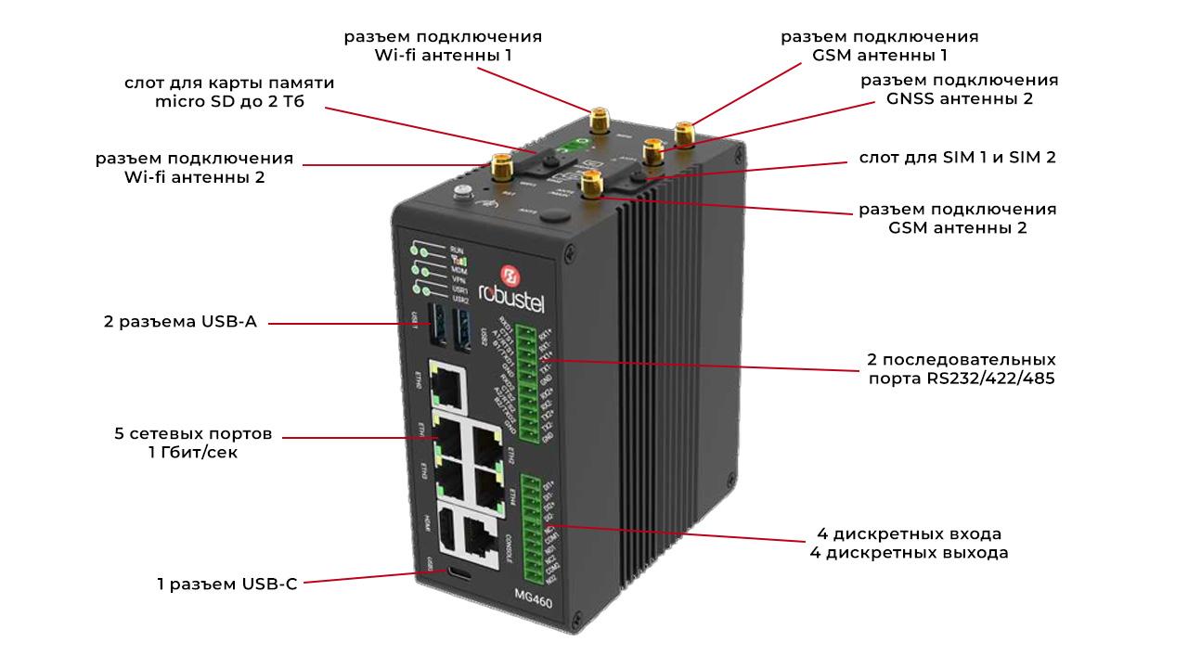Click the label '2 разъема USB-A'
coord(179,323)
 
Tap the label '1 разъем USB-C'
coord(226,584)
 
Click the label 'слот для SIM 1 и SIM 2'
coord(950,158)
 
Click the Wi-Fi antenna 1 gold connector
coord(598,119)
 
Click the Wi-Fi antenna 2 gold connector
coord(502,168)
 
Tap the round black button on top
coord(554,216)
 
